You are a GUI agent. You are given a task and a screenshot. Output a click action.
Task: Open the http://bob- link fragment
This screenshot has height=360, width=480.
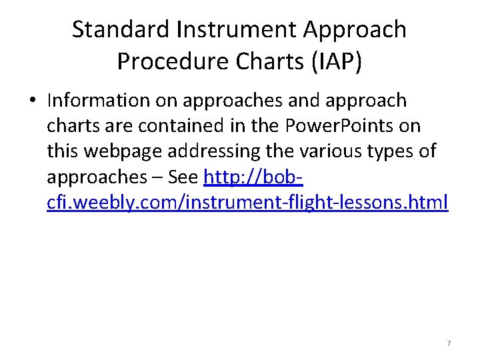[254, 177]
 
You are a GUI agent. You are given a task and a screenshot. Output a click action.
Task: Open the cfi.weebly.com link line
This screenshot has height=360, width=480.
[247, 201]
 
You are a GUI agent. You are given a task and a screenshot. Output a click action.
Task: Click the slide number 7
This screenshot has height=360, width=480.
[448, 343]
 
